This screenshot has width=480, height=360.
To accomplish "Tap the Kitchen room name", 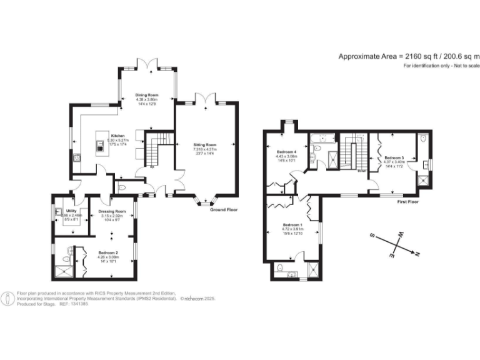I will pos(117,136).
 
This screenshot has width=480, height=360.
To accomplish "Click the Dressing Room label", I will pos(112,212).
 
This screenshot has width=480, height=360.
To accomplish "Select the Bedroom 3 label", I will pos(394,157).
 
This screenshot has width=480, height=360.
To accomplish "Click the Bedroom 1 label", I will pos(292,225).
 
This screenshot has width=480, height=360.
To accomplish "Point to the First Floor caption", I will pos(407,202).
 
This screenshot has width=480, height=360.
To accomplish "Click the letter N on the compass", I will pos(417,254).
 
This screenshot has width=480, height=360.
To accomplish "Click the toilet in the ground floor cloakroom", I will pos(122,187).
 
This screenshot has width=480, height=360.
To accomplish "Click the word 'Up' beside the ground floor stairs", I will pos(152,167).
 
